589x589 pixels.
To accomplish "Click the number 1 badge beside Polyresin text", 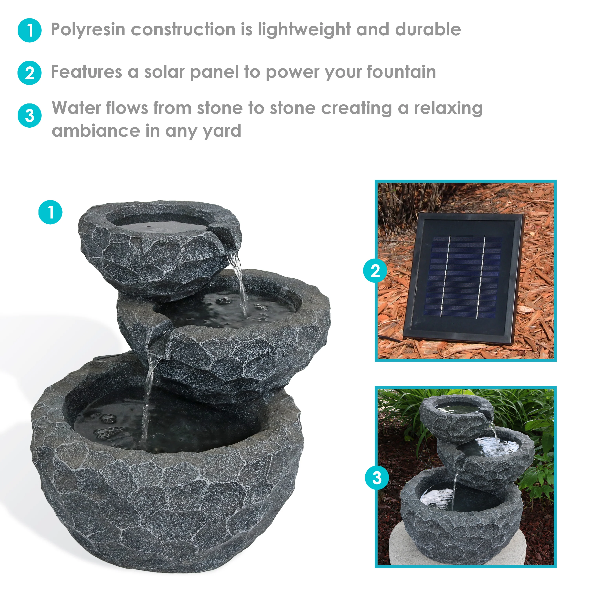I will [x=30, y=30].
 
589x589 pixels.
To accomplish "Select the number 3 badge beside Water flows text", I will [x=30, y=116].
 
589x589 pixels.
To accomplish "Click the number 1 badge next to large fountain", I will [x=50, y=212].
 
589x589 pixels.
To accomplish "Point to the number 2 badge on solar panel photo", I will [x=375, y=270].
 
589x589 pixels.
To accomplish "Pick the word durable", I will [x=428, y=30].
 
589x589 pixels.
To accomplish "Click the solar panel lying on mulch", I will [x=463, y=279].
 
